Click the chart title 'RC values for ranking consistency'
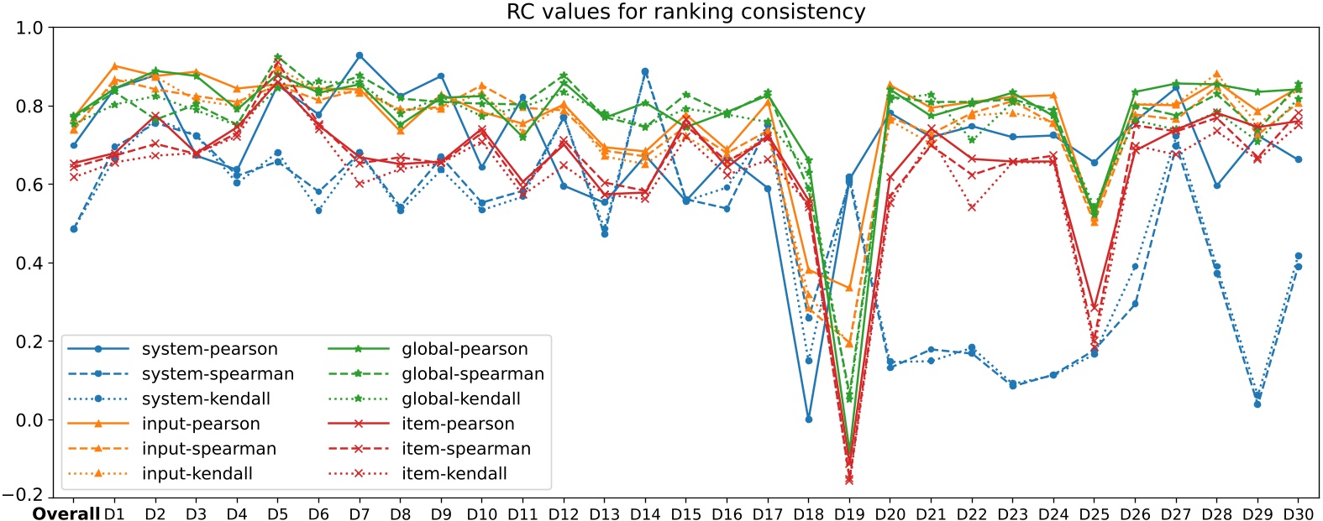coord(685,12)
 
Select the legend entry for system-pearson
coord(209,349)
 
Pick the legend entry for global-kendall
coord(460,399)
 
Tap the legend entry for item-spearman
coord(465,449)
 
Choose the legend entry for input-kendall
coord(197,473)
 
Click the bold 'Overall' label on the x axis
coord(66,513)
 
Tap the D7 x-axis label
coord(360,513)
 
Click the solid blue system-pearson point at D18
coord(809,419)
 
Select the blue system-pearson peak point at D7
coord(360,55)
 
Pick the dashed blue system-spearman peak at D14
coord(645,72)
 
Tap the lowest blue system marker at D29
coord(1257,404)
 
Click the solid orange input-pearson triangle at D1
coord(115,65)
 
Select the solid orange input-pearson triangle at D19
coord(849,288)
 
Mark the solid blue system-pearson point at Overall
coord(74,145)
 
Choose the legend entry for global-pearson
coord(465,349)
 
